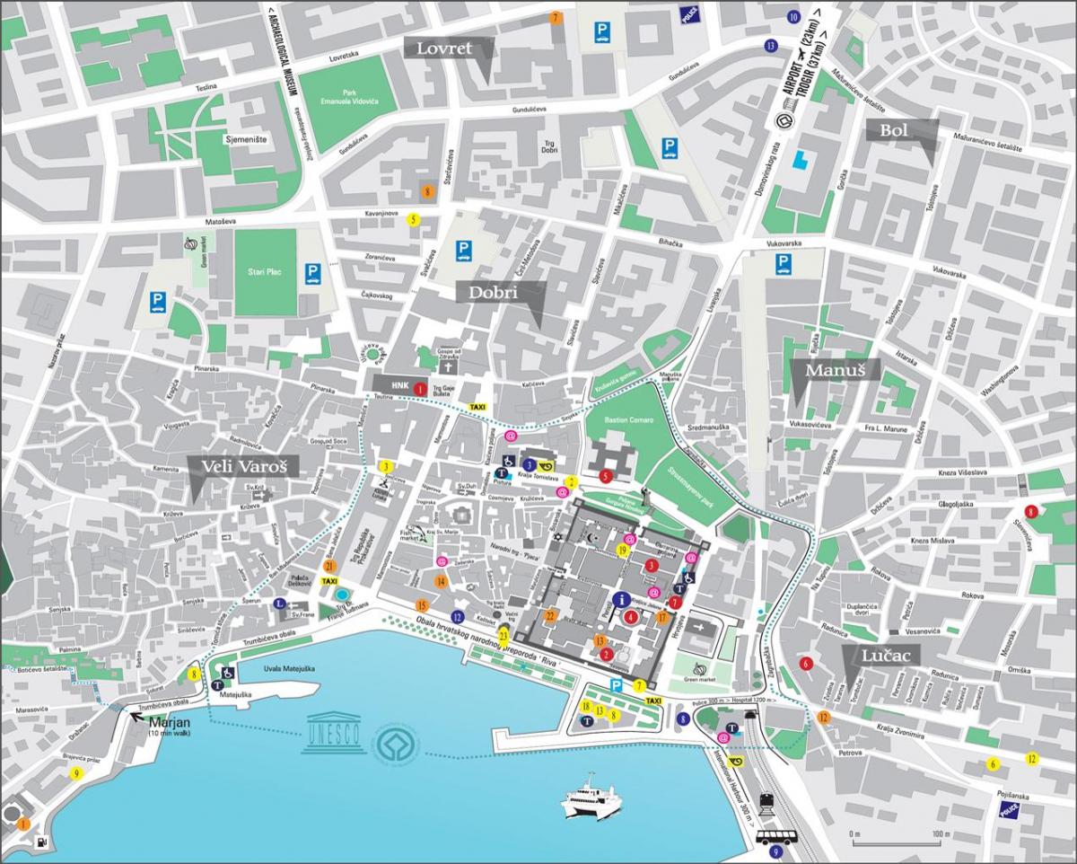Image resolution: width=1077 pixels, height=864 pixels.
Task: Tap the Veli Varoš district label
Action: pos(236,465)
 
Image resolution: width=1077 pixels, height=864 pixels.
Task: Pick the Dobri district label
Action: pos(502,293)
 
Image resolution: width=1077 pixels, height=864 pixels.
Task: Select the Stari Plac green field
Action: pos(266,270)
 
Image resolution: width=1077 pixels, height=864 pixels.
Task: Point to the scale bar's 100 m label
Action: pos(940,834)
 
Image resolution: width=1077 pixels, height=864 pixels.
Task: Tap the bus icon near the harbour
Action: pos(775,837)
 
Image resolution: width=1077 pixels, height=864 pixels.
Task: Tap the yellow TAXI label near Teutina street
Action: pos(478,407)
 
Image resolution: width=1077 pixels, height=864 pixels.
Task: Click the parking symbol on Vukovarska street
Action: pos(784,264)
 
